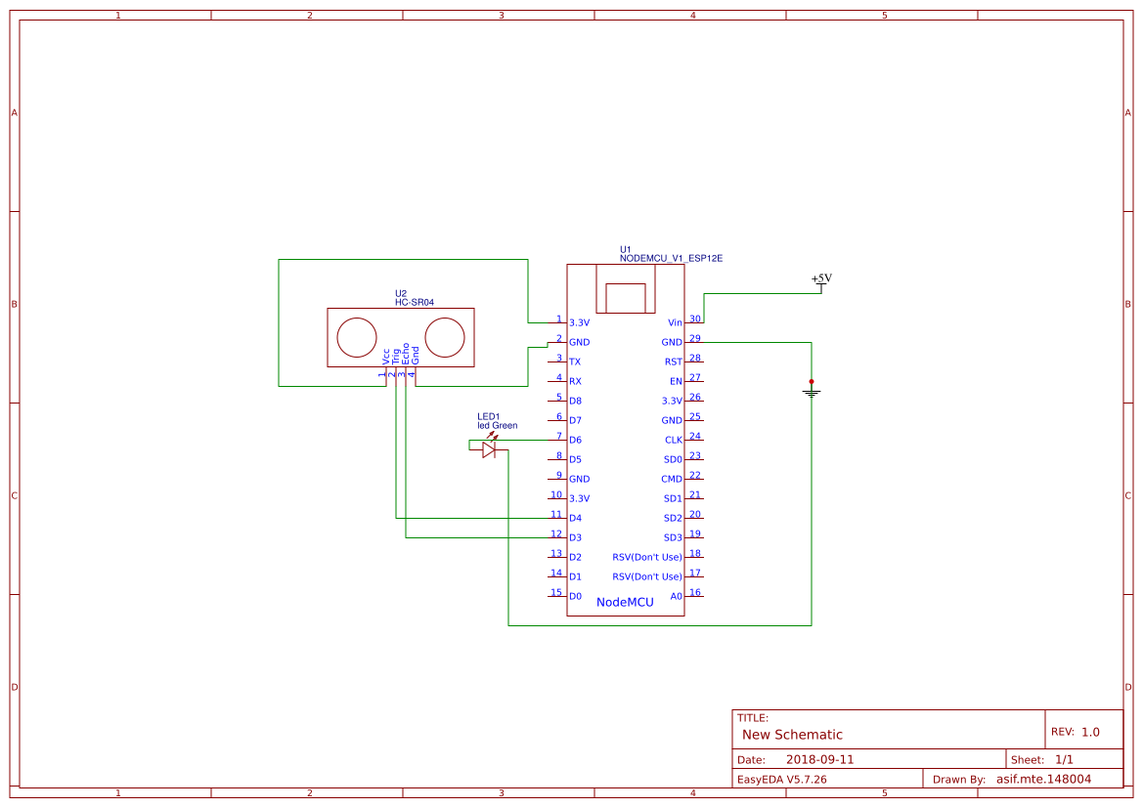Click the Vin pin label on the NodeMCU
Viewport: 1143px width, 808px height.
(675, 322)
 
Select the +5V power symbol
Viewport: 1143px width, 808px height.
(821, 279)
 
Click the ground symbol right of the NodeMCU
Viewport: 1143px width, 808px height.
(811, 391)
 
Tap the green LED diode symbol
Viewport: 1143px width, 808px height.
(489, 449)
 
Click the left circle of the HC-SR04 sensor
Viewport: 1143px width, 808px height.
(356, 337)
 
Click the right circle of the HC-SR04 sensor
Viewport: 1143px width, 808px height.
(445, 337)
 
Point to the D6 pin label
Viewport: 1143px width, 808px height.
(575, 440)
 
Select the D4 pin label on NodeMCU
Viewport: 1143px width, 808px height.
(575, 518)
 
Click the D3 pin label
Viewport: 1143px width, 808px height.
(575, 537)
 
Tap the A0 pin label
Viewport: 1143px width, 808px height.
(676, 596)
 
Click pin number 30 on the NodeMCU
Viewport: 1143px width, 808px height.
(695, 319)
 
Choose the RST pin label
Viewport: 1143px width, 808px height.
(673, 361)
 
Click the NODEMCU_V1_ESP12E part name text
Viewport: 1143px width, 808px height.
(671, 258)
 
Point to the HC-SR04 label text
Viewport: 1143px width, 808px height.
(414, 303)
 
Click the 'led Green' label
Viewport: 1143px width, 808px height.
(497, 425)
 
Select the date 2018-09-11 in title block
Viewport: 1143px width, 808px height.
(819, 759)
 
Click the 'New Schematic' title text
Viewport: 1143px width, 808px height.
(792, 735)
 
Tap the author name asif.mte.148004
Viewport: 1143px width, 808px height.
(1043, 779)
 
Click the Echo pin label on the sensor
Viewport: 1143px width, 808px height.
(405, 355)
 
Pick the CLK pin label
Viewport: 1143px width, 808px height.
(673, 440)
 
